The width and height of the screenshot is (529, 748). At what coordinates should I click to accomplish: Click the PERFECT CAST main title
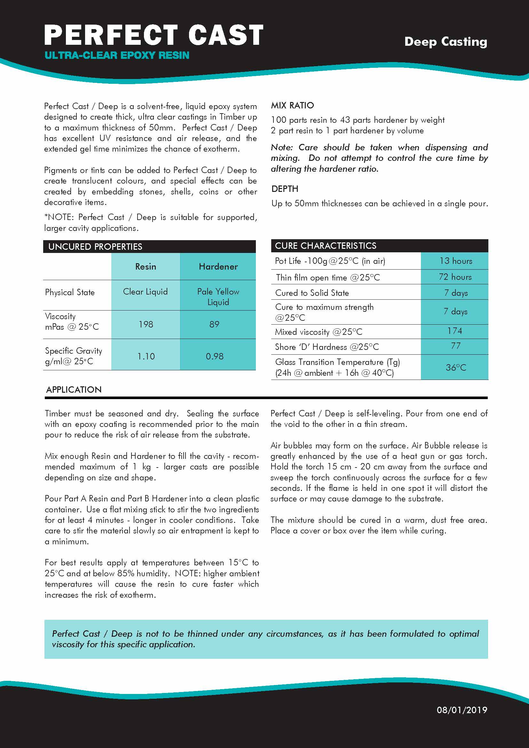coord(154,35)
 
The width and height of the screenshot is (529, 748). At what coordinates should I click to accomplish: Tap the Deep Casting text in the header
coord(445,42)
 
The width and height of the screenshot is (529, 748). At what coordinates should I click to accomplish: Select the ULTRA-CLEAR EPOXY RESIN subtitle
coord(117,55)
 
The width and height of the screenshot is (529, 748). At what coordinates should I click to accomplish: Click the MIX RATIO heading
coord(292,105)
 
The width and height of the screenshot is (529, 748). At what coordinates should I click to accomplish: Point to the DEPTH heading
coord(285,189)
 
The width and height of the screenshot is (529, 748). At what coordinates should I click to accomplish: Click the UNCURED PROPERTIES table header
coord(95,247)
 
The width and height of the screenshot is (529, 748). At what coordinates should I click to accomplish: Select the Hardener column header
coord(218,266)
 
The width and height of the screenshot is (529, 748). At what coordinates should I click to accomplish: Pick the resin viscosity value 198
coord(146,324)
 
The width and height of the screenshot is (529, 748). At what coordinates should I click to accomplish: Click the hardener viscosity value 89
coord(214,324)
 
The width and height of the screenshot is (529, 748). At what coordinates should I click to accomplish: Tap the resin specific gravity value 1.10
coord(146,356)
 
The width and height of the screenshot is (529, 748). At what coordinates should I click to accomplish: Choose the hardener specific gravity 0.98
coord(214,356)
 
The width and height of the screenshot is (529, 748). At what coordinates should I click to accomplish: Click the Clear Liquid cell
coord(145,292)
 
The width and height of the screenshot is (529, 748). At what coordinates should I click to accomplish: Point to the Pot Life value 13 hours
coord(455,261)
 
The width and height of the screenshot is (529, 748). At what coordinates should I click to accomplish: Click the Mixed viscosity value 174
coord(454,331)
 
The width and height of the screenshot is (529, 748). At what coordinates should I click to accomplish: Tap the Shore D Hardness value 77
coord(455,346)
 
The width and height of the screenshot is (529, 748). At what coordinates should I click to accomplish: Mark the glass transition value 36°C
coord(456,367)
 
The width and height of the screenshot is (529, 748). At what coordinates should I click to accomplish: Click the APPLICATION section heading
coord(74,390)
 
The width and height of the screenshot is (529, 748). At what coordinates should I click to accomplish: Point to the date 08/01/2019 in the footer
coord(462,710)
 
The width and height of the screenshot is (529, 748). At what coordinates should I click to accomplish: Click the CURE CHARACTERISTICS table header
coord(325,246)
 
